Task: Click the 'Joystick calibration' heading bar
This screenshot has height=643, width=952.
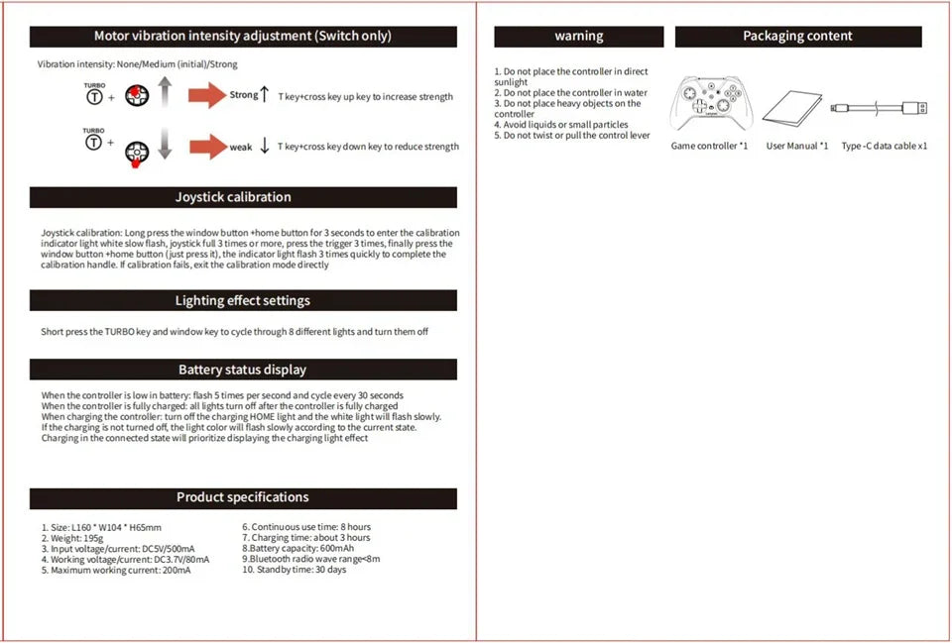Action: (243, 197)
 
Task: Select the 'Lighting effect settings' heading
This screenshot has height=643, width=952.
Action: (243, 300)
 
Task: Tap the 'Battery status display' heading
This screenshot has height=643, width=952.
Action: (243, 370)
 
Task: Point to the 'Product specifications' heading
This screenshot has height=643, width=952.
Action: (243, 497)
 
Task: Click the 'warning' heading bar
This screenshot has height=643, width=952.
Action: (579, 37)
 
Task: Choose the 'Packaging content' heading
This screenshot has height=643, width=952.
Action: (798, 37)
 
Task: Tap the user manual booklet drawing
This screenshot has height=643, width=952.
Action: (797, 106)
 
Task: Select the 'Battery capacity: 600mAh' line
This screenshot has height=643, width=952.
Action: (297, 548)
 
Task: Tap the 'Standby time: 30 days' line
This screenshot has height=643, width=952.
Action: (295, 570)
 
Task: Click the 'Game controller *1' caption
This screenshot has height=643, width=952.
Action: (709, 147)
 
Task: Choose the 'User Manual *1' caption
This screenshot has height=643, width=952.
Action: (797, 147)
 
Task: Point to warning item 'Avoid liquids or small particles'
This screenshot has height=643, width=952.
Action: (561, 125)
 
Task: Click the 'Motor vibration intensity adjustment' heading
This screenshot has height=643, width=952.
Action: (243, 37)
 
